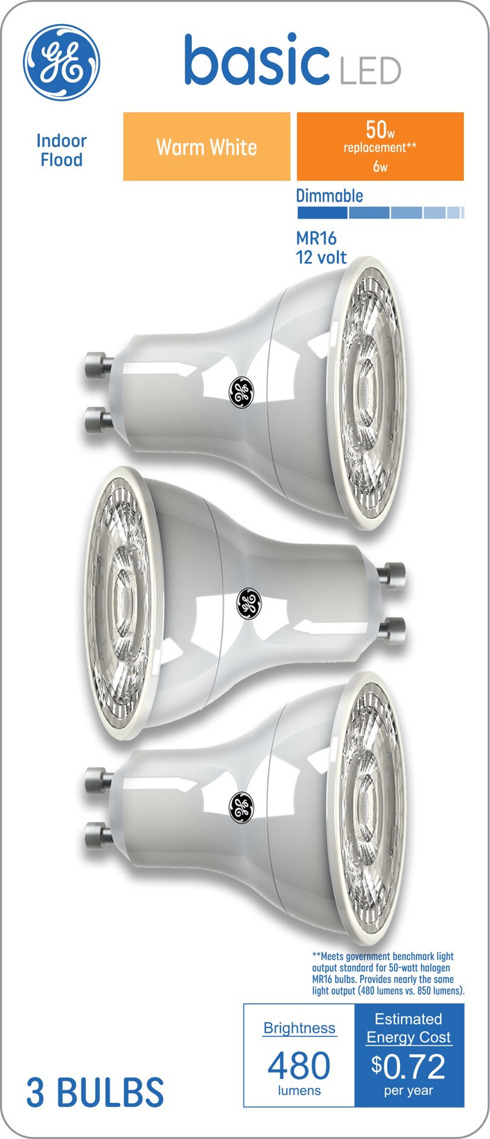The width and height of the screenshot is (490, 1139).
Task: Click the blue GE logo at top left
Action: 62,62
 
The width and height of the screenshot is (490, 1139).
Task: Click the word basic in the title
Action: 257,60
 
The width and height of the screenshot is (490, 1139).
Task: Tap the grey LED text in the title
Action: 370,71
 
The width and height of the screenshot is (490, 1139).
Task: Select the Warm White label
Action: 207,147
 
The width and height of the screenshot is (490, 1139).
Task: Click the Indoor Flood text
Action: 61,150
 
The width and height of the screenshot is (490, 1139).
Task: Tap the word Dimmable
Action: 330,195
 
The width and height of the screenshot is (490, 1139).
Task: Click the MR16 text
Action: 317,238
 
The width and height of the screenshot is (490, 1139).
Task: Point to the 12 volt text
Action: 321,257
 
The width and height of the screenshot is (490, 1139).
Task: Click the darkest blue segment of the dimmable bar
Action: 322,213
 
